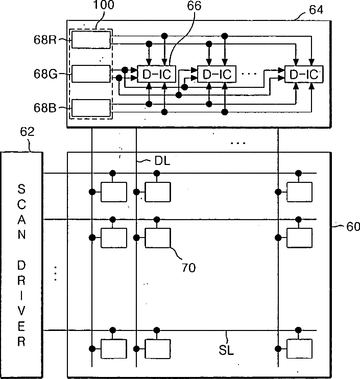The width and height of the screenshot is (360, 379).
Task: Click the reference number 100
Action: pos(104,5)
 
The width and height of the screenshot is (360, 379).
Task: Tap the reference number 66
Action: pos(194,6)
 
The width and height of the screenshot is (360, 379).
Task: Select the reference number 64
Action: pos(316,10)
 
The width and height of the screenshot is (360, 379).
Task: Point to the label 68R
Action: pos(45,40)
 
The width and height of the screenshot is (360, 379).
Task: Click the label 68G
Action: pos(45,74)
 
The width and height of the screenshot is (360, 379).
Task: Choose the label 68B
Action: pos(45,108)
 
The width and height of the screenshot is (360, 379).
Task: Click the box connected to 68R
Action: pos(91,40)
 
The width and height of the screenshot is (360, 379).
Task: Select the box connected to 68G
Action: pos(91,74)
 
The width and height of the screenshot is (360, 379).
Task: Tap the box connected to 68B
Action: pos(91,108)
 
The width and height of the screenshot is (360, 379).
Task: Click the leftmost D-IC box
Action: pos(157,74)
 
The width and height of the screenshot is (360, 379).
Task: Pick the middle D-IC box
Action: pos(217,74)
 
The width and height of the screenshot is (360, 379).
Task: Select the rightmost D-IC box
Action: pos(304,74)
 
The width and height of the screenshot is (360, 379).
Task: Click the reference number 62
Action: pos(27,132)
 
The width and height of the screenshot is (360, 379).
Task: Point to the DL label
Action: pos(162,161)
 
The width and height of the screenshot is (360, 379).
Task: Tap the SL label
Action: pos(226,350)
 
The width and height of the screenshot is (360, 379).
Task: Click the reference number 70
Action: pos(188,268)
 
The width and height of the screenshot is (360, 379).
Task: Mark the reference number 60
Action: pos(353,227)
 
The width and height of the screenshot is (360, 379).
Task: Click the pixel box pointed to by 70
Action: pos(158,238)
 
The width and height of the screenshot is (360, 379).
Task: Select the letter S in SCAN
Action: pos(21,189)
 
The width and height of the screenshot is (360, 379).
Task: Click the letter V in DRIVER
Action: pos(21,311)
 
